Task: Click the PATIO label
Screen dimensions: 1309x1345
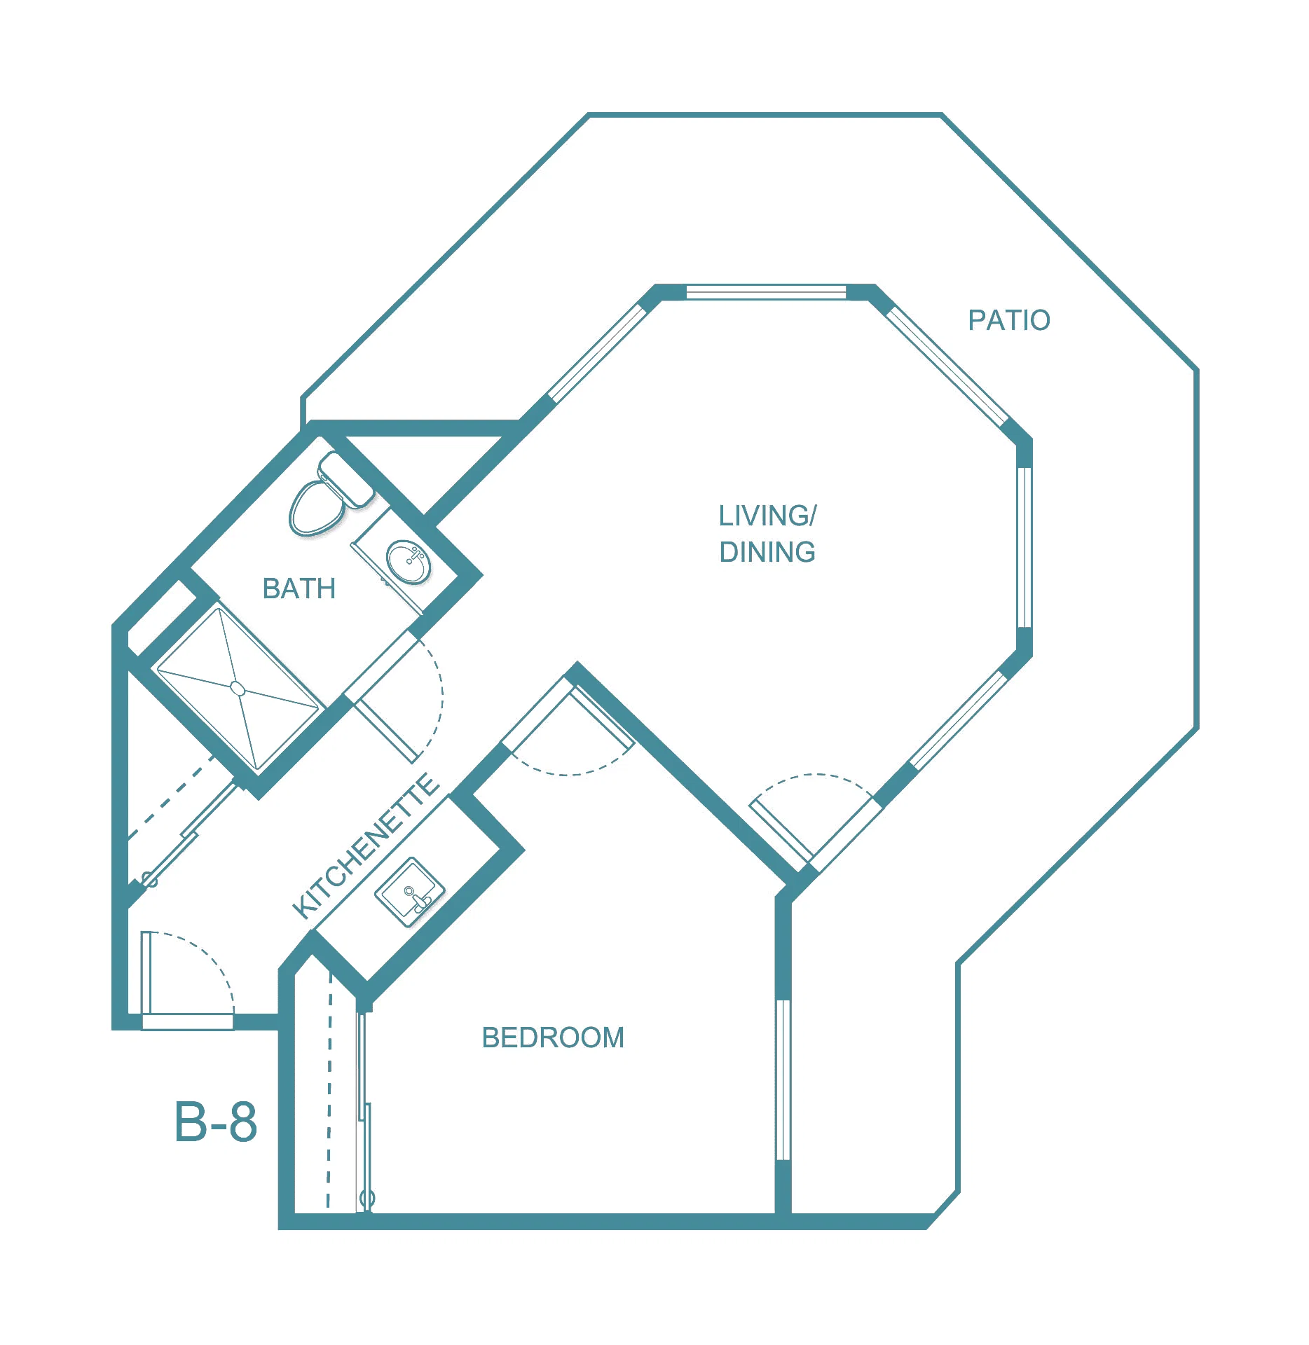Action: click(1008, 320)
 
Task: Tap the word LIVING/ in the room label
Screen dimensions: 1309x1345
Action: click(767, 516)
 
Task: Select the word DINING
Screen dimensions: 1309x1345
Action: click(767, 552)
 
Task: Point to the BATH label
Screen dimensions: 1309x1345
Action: click(299, 588)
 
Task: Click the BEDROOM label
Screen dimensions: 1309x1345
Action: click(553, 1037)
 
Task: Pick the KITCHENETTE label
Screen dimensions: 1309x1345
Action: click(366, 846)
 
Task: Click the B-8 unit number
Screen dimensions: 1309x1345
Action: click(216, 1122)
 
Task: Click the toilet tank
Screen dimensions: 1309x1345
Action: click(345, 480)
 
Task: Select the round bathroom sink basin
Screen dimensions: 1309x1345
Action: click(409, 562)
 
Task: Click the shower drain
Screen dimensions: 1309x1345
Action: click(238, 689)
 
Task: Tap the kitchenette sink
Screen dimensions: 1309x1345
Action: click(410, 892)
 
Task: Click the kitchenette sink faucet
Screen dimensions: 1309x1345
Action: click(416, 898)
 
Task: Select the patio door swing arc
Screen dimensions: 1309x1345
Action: click(813, 776)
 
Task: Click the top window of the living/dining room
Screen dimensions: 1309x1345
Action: click(766, 291)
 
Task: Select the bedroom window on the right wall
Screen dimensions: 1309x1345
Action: click(783, 1080)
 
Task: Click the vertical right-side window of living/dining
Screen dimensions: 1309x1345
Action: click(1024, 548)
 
